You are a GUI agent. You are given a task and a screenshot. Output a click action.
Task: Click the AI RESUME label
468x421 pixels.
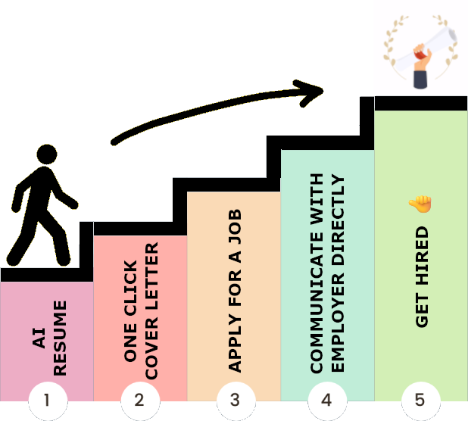(51, 338)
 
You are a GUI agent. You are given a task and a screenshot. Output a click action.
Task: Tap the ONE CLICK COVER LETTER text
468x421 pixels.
(141, 311)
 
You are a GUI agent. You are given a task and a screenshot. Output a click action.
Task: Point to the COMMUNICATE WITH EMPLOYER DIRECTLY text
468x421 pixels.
(328, 273)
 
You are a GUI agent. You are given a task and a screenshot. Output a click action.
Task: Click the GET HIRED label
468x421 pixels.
(422, 276)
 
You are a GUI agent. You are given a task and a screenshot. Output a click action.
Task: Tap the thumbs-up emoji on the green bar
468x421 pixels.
(419, 204)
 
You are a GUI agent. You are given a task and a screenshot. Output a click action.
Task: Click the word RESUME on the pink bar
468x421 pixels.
(61, 338)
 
